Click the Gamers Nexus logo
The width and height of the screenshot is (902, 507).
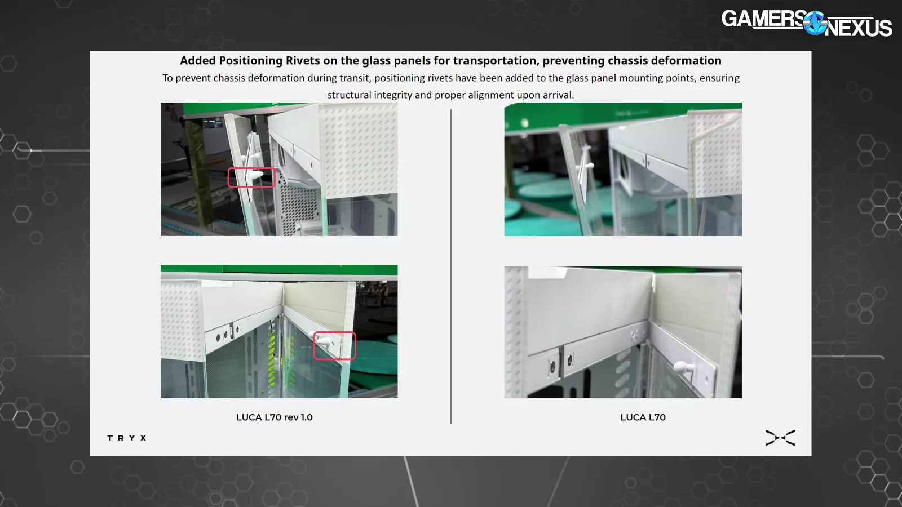[807, 23]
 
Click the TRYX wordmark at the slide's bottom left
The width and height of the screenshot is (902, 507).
[126, 438]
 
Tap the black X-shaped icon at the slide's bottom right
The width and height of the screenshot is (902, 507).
[780, 438]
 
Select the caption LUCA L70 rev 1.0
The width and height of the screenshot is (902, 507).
[274, 417]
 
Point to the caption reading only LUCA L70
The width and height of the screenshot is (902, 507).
[643, 417]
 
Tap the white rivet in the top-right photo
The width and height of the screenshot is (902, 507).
[589, 165]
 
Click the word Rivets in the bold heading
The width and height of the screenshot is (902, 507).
[302, 60]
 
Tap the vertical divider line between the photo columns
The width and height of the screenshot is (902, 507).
[451, 266]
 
